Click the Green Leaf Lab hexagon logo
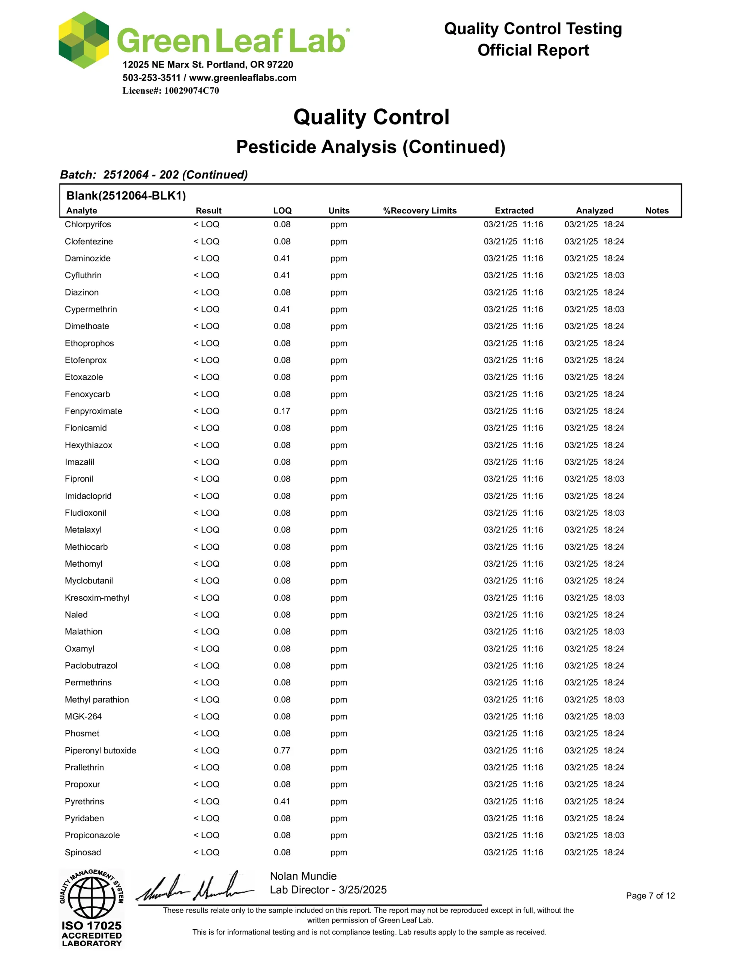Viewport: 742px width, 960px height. (x=84, y=40)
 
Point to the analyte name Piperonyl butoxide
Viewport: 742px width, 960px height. (x=100, y=750)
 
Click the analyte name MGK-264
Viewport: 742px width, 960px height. (x=83, y=717)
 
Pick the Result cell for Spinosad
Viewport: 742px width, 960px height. (x=206, y=852)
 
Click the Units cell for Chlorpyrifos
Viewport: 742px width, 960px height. (x=339, y=224)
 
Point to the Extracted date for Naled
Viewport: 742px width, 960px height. (x=513, y=615)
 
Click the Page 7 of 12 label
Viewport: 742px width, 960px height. (x=650, y=896)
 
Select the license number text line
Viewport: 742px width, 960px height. (x=171, y=90)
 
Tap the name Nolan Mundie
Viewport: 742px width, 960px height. (x=303, y=876)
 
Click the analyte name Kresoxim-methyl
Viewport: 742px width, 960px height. (x=97, y=598)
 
